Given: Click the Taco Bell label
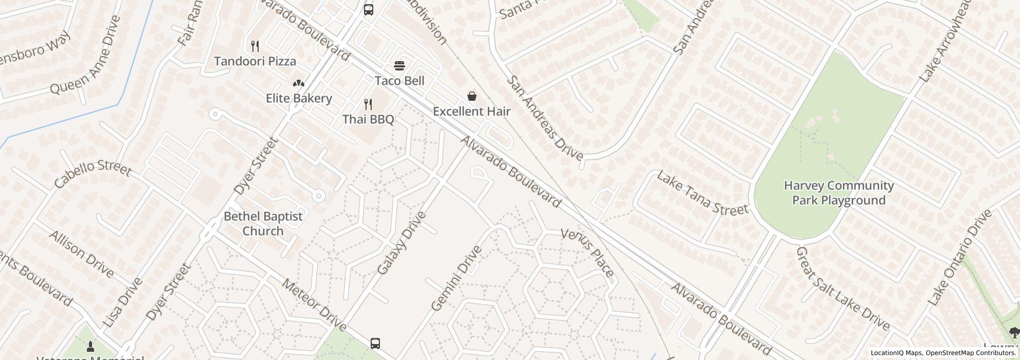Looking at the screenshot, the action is pos(399,81).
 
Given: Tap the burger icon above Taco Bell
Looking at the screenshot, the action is pos(399,66).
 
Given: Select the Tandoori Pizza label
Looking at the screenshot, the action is pos(255,61).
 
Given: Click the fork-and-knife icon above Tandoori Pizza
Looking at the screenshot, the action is pos(255,46).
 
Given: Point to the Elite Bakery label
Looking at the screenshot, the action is pos(299,98).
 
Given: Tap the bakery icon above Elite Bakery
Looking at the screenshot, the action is pos(298,83).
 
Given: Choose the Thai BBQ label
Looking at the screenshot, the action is pos(368,119).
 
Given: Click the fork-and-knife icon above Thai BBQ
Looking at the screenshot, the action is pos(368,104).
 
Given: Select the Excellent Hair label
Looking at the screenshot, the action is pos(471,111).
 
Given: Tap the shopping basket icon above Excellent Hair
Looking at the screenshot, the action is pos(471,96).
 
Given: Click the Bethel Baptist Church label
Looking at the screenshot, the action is pos(263,224).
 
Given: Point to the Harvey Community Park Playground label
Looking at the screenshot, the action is pos(839,193).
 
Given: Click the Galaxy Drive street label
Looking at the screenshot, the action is pos(402,243).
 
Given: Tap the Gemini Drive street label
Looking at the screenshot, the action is pos(457,278).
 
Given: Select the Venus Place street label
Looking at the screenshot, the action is pos(587,252).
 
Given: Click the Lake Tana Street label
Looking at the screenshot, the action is pos(702,193).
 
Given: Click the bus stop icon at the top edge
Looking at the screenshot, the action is pos(369,9).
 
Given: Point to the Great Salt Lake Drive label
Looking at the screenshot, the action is pos(843,288).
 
